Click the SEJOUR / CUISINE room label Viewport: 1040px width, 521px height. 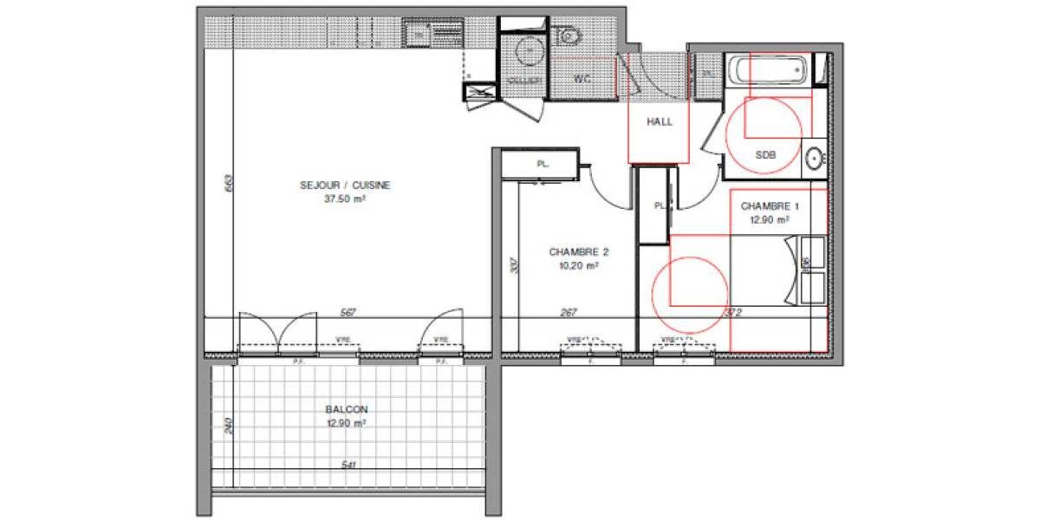coord(345,185)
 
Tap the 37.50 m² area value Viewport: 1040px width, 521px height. coord(345,198)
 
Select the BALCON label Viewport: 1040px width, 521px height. coord(346,409)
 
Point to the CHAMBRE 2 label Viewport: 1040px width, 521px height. coord(579,252)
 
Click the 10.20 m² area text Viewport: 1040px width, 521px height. coord(579,266)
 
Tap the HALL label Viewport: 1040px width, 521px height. coord(660,122)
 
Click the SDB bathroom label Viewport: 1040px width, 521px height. coord(765,156)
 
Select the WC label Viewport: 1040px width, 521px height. coord(582,79)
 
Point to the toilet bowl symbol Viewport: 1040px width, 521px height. coord(569,36)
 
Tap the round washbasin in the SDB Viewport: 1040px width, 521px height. coord(814,159)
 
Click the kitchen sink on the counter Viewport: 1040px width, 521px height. coord(419,35)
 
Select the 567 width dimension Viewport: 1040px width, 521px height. coord(349,313)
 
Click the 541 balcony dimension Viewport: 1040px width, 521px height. coord(349,466)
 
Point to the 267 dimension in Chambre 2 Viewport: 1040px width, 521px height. coord(569,313)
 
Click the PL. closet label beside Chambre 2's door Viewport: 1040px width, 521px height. coord(543,163)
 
